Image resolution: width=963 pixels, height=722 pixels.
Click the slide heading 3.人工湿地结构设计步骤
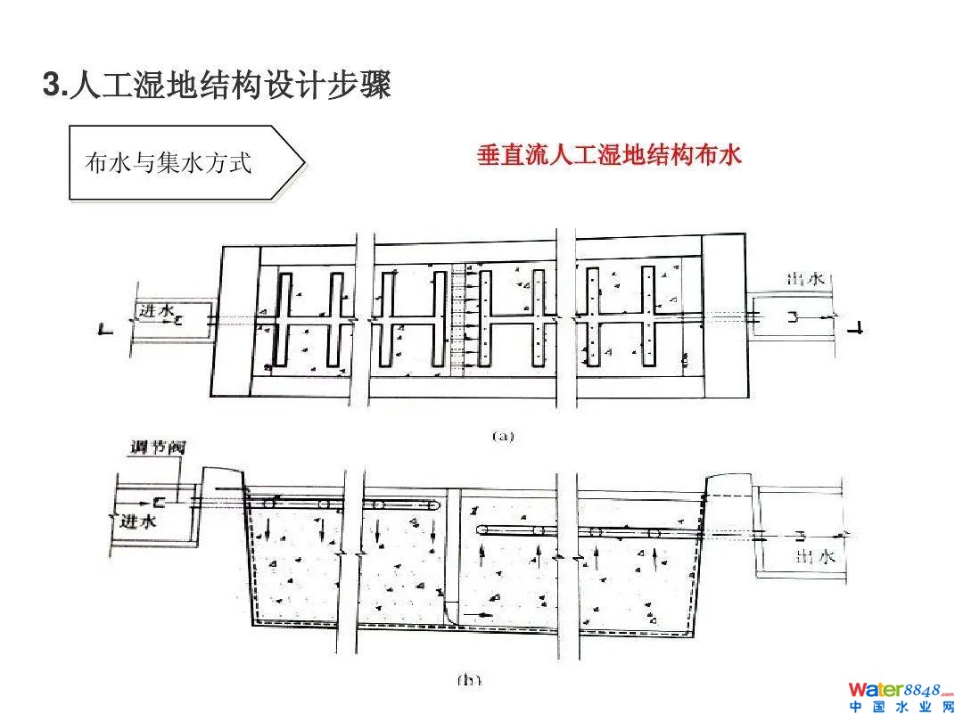218,86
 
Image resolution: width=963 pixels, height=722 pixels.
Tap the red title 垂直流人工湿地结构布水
609,156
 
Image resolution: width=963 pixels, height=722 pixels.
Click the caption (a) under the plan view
504,436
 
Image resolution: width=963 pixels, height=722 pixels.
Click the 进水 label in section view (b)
138,521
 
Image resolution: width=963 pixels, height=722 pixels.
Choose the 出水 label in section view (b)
814,557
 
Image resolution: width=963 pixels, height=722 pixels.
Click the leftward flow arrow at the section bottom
481,614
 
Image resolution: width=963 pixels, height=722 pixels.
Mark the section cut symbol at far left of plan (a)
105,330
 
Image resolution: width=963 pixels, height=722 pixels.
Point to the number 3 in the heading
50,86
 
